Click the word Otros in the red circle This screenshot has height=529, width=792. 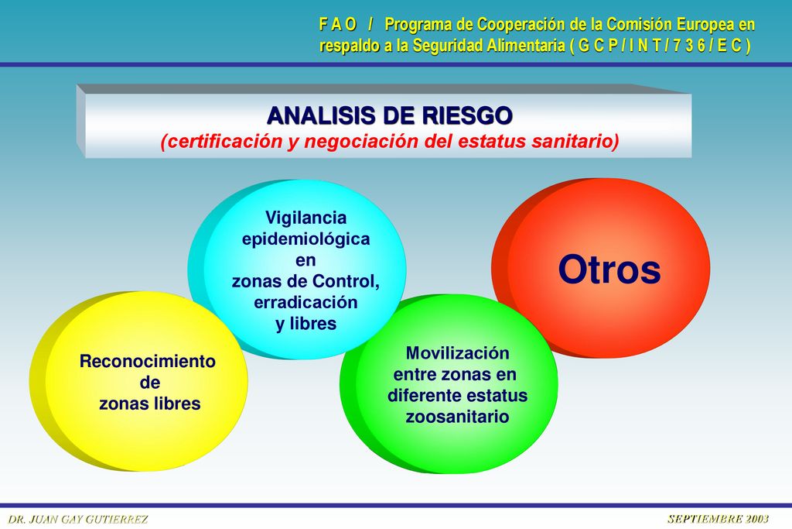tap(609, 270)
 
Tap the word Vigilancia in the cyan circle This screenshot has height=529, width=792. tap(306, 218)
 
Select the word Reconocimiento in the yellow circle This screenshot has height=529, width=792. tap(148, 361)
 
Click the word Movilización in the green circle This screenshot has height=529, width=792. tap(458, 353)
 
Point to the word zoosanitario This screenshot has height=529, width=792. tap(458, 417)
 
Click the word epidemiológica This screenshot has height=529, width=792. tap(306, 239)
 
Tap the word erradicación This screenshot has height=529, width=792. tap(306, 302)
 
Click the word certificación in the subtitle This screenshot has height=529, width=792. tap(222, 141)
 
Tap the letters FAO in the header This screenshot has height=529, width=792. tap(338, 24)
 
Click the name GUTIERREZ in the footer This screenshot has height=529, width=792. tap(117, 520)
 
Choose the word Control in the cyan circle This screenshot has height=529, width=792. tap(346, 281)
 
